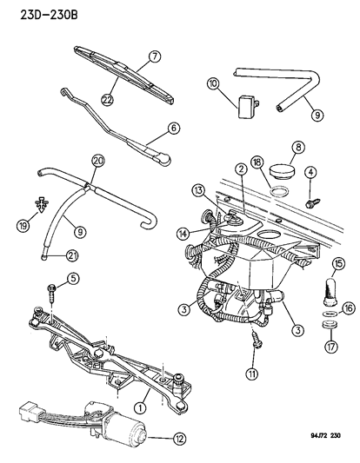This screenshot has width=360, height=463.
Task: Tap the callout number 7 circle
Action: (x=154, y=57)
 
